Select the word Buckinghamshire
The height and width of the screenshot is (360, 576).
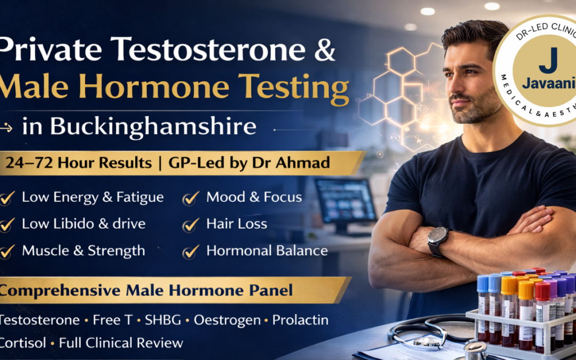(153, 127)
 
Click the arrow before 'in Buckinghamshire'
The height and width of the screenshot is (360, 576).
(7, 128)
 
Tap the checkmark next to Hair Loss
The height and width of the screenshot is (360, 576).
(190, 225)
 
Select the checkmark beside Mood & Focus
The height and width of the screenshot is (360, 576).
(190, 198)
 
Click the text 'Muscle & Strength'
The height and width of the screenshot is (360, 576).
(83, 251)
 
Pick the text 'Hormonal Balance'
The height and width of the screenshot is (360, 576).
(267, 251)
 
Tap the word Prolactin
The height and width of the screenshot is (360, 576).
(300, 321)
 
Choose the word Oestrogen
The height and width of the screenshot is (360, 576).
(227, 321)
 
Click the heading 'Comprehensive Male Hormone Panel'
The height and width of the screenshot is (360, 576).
(147, 291)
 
